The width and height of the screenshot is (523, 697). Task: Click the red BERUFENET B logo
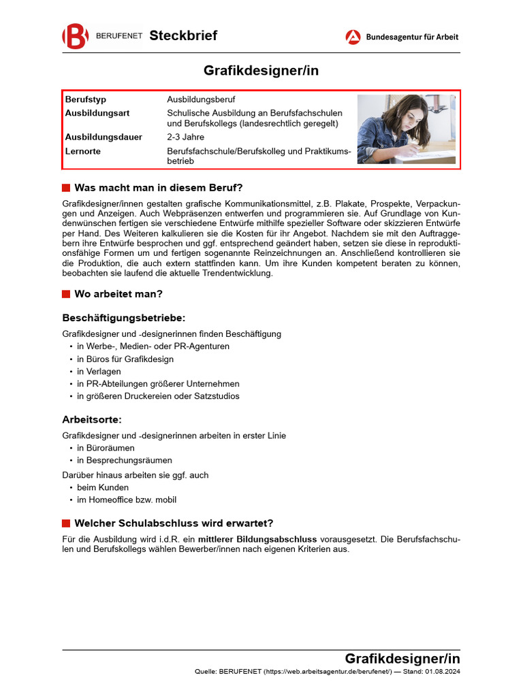click(x=75, y=36)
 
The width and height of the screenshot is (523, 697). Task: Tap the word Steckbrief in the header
click(x=183, y=36)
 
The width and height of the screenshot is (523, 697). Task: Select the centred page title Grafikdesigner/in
click(x=261, y=71)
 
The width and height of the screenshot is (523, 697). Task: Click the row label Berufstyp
click(x=86, y=99)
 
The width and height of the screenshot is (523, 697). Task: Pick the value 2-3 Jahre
click(x=185, y=137)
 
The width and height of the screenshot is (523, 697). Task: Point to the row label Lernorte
click(x=83, y=151)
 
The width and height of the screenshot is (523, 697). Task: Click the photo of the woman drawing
click(x=406, y=129)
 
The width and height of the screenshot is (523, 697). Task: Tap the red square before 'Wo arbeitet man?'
click(x=66, y=294)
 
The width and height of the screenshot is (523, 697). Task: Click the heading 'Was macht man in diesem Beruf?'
click(x=158, y=188)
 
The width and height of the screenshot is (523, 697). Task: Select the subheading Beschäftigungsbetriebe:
click(x=124, y=318)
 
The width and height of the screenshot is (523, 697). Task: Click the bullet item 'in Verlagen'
click(x=99, y=372)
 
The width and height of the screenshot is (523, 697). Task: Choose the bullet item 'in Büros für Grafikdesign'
click(x=125, y=359)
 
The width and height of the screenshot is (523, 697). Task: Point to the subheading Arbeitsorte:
click(x=92, y=419)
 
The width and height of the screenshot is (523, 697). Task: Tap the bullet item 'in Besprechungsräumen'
click(x=125, y=460)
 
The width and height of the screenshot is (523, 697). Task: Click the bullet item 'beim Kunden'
click(x=103, y=487)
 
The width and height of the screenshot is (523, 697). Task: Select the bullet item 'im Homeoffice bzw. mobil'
click(x=127, y=500)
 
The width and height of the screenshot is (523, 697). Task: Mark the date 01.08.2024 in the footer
click(x=443, y=672)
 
